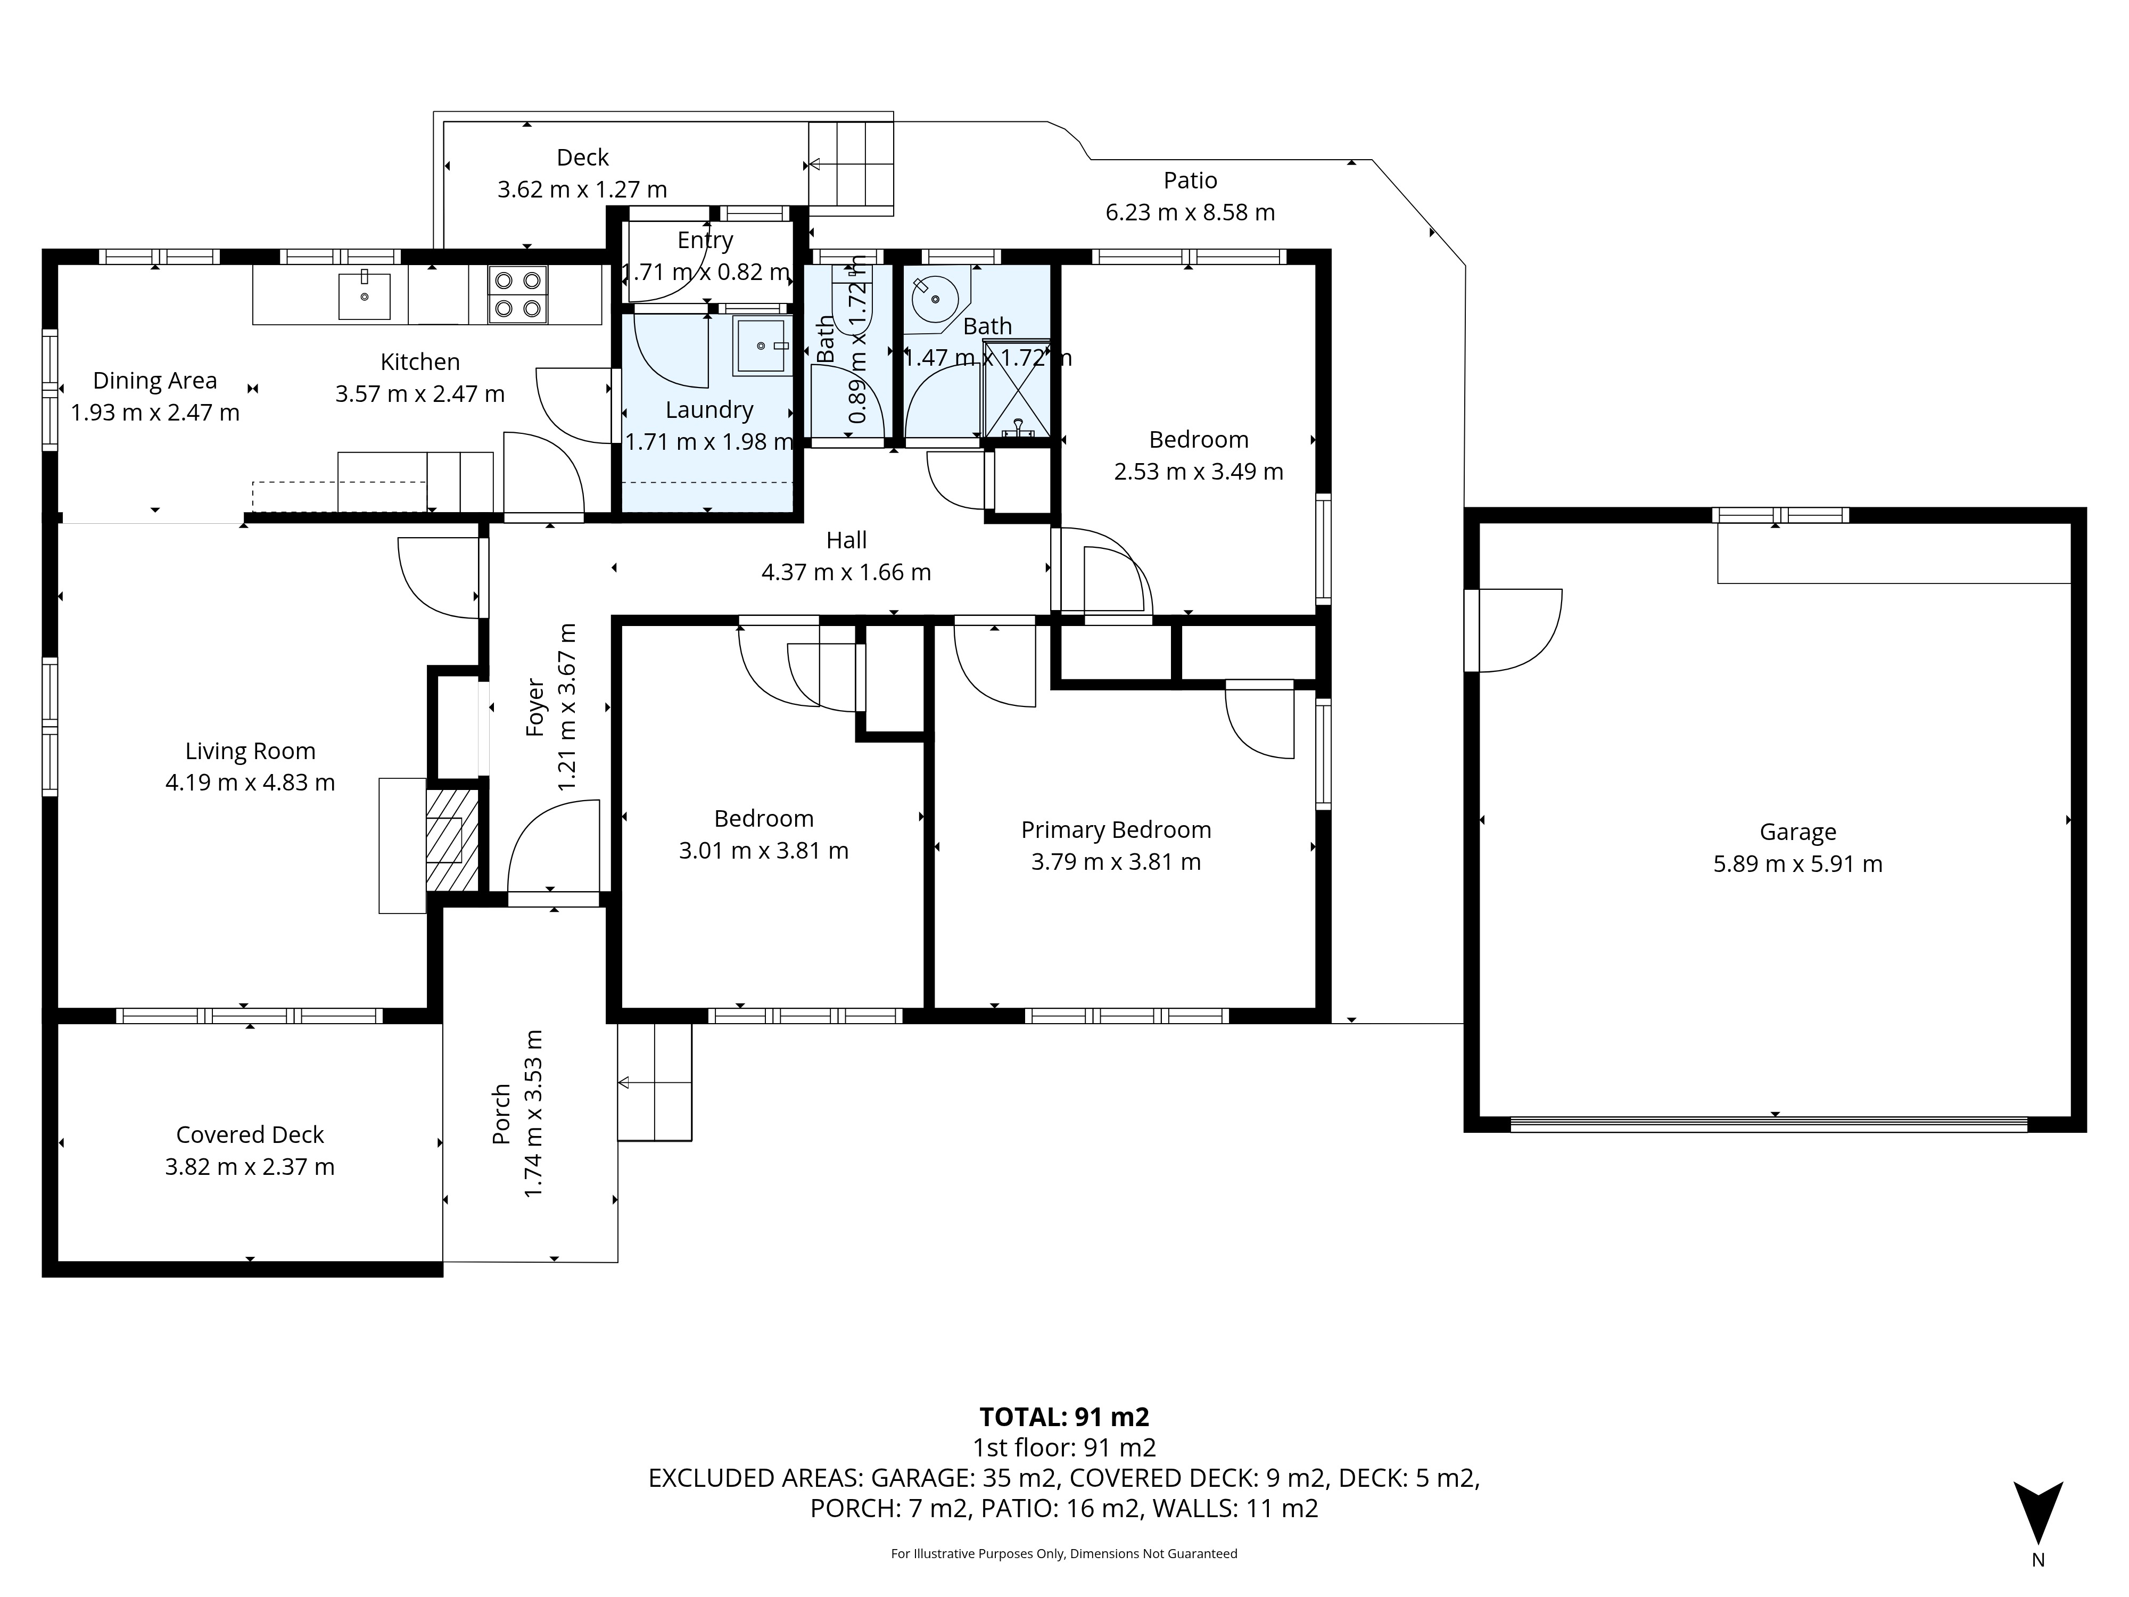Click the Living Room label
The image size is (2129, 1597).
(250, 751)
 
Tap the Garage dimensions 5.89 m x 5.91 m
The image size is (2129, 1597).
(1798, 863)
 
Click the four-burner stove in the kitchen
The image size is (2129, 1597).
(518, 294)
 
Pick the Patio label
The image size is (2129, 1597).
(1191, 180)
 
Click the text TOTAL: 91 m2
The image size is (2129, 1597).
(1064, 1417)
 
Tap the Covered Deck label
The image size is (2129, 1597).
(250, 1135)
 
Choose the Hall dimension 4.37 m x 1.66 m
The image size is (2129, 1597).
(846, 572)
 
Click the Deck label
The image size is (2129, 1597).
(582, 157)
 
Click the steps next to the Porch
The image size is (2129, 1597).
(655, 1082)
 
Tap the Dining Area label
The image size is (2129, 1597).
(155, 381)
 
